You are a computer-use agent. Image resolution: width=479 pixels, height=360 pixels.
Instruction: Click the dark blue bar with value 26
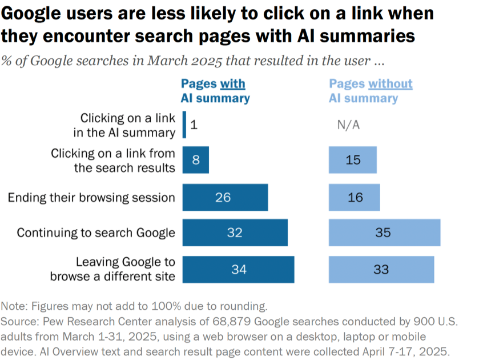point(225,197)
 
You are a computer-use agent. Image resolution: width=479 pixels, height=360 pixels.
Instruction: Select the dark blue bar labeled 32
point(235,233)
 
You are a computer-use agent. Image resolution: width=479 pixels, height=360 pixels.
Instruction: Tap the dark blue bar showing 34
point(238,269)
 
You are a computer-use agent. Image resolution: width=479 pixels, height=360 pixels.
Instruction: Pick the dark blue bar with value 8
point(196,160)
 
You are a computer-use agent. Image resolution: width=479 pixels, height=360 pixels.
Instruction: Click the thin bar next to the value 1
point(184,125)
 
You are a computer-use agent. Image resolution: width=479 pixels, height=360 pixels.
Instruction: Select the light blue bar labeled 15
point(353,160)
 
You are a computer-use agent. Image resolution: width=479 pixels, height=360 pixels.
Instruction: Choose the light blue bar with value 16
point(354,197)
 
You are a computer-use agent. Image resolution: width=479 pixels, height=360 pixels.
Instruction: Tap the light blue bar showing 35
point(384,233)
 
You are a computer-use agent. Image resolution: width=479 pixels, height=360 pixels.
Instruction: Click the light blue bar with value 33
point(381,269)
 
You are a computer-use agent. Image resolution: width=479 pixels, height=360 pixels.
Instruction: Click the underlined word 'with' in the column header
point(232,84)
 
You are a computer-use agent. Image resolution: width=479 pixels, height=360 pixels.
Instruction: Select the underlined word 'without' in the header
point(390,84)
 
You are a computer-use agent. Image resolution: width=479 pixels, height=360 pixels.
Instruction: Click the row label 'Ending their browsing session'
point(91,198)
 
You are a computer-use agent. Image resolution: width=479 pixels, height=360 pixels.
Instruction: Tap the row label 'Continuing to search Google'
point(96,233)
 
